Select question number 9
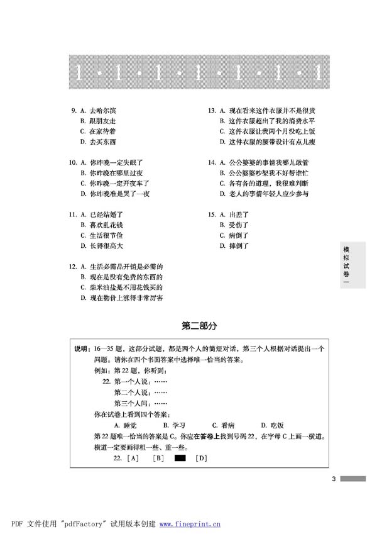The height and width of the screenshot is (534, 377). tap(74, 110)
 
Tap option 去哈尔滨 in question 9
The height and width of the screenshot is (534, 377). tap(103, 110)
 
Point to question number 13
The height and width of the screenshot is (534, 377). tap(212, 110)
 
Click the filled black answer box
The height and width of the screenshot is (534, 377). tap(180, 458)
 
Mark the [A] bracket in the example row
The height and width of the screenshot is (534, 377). tap(133, 458)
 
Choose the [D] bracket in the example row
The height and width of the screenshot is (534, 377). tap(201, 458)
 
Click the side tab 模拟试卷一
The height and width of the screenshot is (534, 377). tap(346, 264)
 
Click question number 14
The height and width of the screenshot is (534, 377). tap(212, 162)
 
